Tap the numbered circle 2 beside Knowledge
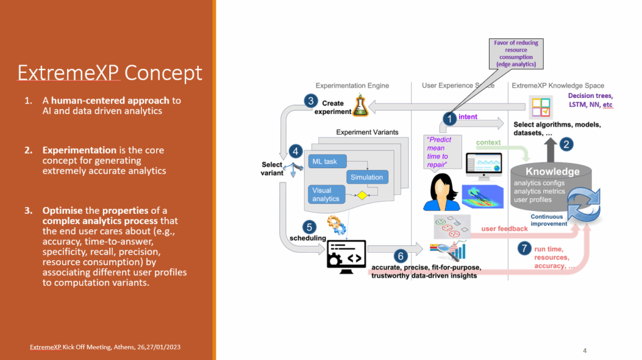(x=566, y=144)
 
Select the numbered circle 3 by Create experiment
(x=310, y=100)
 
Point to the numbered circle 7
(x=524, y=248)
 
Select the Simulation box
(x=367, y=177)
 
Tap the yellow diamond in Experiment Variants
(x=362, y=196)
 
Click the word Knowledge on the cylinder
(x=552, y=171)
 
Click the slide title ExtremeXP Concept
(x=110, y=73)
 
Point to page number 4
(x=584, y=350)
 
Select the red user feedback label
(x=504, y=228)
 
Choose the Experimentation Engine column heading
(x=352, y=85)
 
